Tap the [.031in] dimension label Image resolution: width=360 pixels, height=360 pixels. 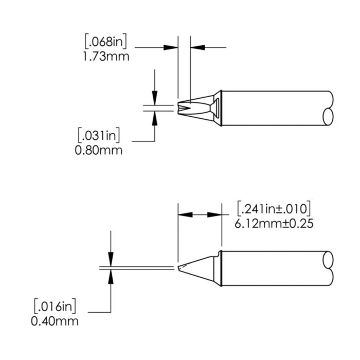coord(99,136)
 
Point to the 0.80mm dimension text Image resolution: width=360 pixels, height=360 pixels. coord(99,150)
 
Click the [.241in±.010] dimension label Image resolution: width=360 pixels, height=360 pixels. coord(273,209)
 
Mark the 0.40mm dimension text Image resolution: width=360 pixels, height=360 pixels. coord(55,321)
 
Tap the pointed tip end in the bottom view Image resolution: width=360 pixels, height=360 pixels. coord(179,268)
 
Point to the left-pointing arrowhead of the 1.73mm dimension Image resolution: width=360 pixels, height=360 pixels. coord(197,48)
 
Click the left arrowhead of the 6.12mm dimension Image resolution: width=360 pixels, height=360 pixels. coord(184,214)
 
